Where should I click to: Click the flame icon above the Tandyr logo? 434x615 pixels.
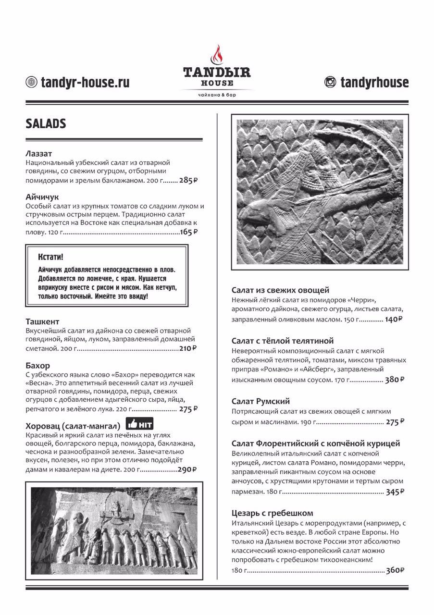click(x=216, y=55)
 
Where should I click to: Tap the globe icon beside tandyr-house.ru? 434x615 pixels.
click(x=31, y=82)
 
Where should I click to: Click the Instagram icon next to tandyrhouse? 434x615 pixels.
click(x=330, y=82)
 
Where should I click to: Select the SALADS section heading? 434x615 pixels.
click(x=46, y=124)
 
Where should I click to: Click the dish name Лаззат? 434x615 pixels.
click(x=39, y=154)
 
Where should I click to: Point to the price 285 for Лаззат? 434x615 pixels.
click(x=186, y=181)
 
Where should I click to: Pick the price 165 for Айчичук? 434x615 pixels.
click(x=186, y=233)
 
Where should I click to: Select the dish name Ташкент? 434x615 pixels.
click(x=42, y=321)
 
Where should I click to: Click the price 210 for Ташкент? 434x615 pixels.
click(x=186, y=349)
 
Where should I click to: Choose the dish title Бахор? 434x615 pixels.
click(x=37, y=366)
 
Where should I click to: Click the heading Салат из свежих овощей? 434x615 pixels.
click(x=280, y=290)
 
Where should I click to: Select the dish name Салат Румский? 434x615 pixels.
click(x=260, y=401)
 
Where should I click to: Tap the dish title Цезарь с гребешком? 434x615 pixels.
click(x=272, y=513)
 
